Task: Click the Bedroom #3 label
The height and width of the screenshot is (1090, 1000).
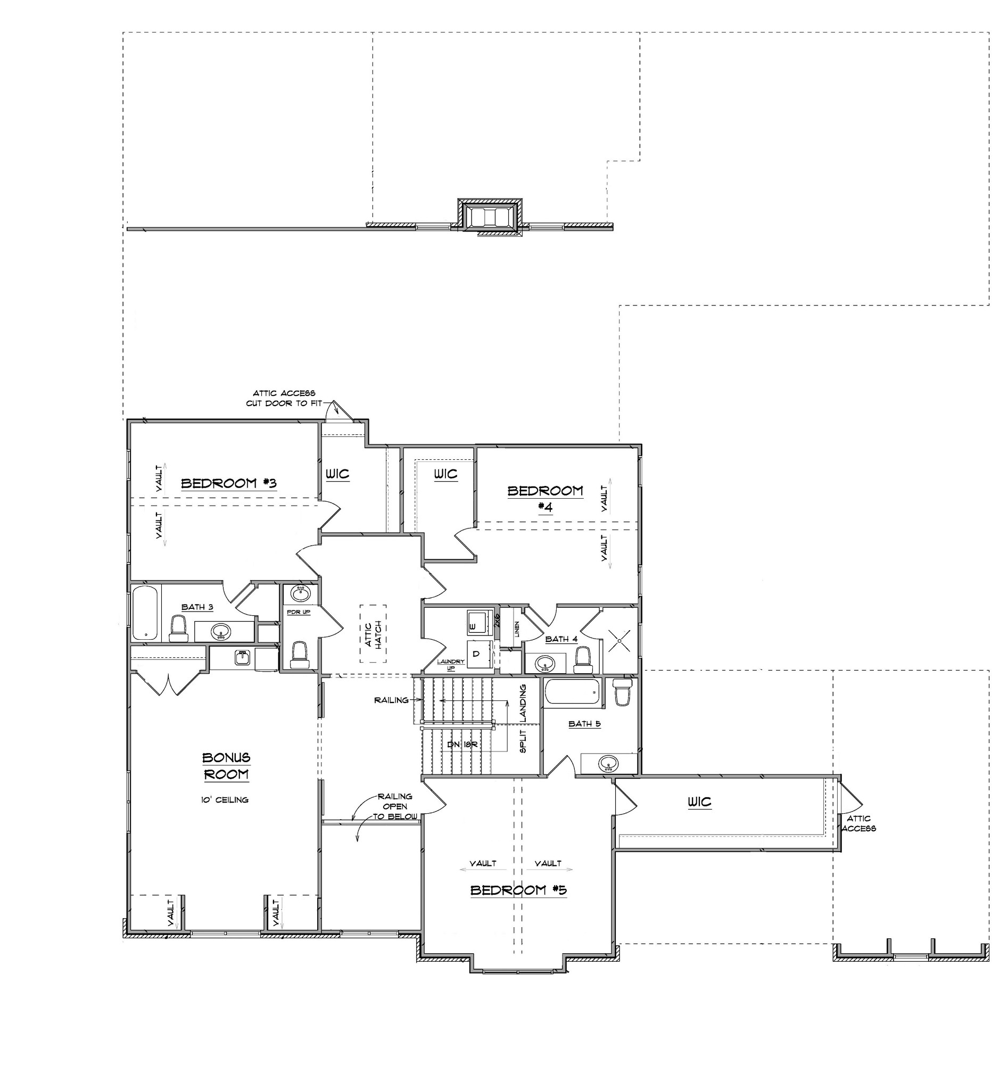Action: (x=228, y=483)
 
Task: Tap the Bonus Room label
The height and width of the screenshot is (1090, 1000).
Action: (x=226, y=766)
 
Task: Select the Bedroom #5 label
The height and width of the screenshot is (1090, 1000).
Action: (x=518, y=890)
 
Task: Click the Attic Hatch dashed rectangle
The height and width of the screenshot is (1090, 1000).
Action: (x=374, y=634)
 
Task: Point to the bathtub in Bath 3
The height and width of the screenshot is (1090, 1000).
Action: (x=145, y=613)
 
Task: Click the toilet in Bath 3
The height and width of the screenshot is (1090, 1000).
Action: (x=178, y=629)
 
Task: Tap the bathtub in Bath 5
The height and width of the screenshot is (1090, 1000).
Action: (x=573, y=693)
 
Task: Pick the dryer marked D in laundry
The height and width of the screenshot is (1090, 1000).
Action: (x=476, y=654)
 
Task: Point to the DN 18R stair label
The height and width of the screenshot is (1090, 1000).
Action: (x=461, y=744)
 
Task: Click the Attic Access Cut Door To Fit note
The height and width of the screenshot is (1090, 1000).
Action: (x=284, y=398)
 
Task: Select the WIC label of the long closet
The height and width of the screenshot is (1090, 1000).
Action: (x=700, y=802)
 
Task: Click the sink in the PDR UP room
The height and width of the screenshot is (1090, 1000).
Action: (x=300, y=594)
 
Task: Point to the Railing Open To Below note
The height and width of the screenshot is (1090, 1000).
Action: (x=395, y=806)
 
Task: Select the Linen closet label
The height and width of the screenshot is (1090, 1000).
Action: (x=517, y=629)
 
